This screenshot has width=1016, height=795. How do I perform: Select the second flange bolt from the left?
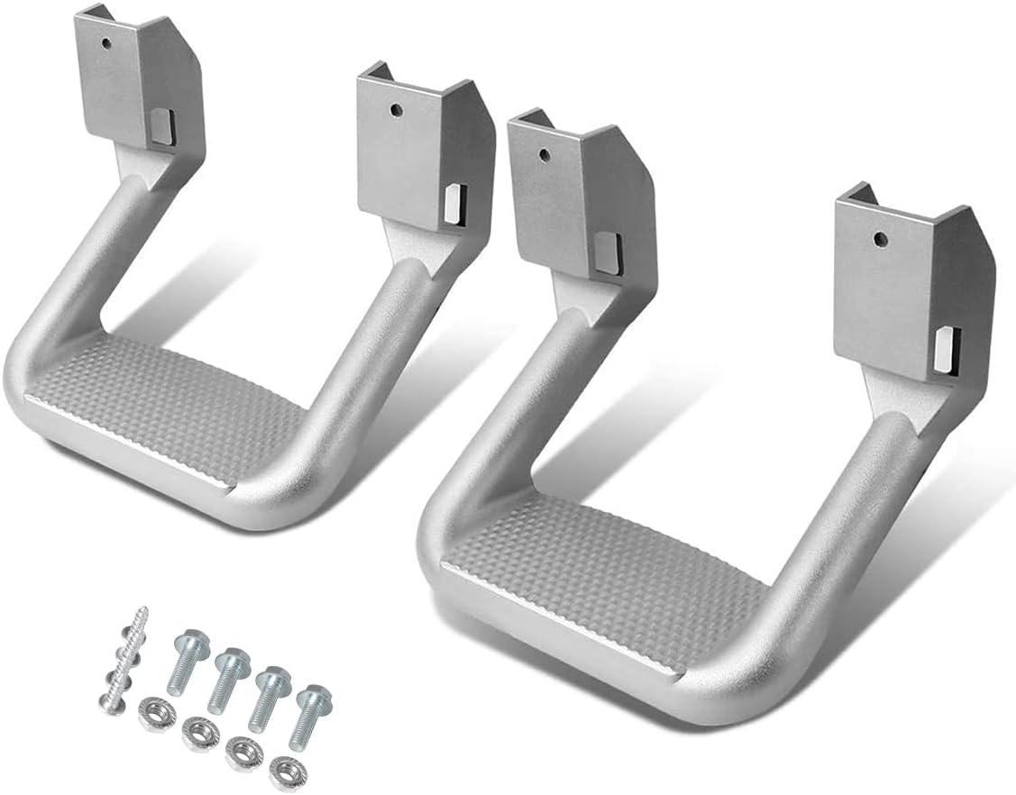coord(231,662)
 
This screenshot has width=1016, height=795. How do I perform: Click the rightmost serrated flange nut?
coord(286,771)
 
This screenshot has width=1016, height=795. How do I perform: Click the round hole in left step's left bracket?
coord(106,41)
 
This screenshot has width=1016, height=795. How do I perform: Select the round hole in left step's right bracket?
coord(395,110)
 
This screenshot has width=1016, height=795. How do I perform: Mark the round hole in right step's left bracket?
coord(543,154)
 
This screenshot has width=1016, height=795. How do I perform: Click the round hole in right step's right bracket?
coord(880,239)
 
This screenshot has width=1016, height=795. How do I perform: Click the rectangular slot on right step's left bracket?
coord(606,252)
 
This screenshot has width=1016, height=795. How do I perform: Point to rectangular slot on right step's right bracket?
coord(944,350)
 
